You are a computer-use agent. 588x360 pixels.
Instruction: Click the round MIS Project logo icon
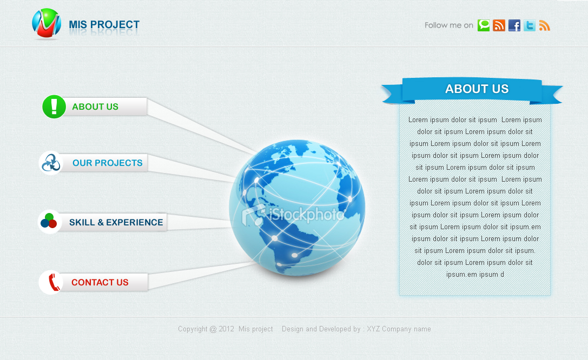[x=47, y=23]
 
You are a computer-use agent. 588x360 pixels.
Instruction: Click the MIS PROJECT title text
[x=104, y=25]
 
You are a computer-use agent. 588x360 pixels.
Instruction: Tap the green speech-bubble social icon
[x=484, y=25]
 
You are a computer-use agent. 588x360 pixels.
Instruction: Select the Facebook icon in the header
[x=514, y=25]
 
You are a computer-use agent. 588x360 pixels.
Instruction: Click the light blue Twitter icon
[x=530, y=25]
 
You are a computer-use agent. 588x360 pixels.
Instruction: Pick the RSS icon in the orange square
[x=499, y=25]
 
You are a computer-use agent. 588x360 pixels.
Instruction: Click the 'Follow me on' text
[x=448, y=25]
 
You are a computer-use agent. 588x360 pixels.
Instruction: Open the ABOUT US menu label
[x=95, y=107]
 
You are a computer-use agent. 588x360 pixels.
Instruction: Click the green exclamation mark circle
[x=54, y=106]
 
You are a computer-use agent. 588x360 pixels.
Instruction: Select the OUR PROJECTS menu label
[x=108, y=163]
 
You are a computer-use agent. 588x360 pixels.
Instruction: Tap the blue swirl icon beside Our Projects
[x=51, y=163]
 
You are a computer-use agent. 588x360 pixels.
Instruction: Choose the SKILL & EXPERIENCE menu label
[x=116, y=223]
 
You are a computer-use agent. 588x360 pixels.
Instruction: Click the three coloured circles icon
[x=49, y=222]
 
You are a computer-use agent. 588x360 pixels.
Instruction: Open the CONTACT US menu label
[x=100, y=283]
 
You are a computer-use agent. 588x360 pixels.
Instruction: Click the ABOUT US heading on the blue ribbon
[x=477, y=89]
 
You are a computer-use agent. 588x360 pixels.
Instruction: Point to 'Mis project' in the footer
[x=255, y=329]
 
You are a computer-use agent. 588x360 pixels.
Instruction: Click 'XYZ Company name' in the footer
[x=399, y=329]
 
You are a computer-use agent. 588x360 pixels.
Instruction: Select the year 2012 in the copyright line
[x=226, y=329]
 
